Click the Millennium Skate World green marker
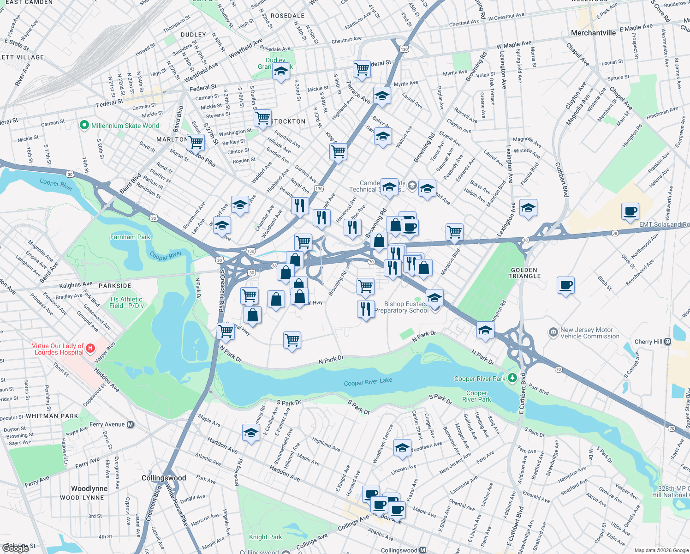tap(84, 125)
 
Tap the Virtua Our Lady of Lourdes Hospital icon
tap(90, 348)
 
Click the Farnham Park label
tap(130, 237)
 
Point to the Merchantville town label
tap(593, 33)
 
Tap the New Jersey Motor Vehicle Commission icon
tap(553, 332)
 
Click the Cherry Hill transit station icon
tap(668, 342)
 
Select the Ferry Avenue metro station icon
tap(131, 424)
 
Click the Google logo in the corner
tap(16, 548)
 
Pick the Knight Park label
tap(265, 537)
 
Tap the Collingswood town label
tap(164, 478)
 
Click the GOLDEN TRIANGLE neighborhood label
tap(524, 273)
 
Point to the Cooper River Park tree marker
tap(512, 378)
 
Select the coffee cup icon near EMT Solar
tap(630, 212)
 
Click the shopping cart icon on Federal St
tap(362, 69)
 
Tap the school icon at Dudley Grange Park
tap(281, 72)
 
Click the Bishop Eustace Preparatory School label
tap(401, 307)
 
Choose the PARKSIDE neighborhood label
tap(115, 286)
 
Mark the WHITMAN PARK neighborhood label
tap(52, 416)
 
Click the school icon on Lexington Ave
tap(528, 208)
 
